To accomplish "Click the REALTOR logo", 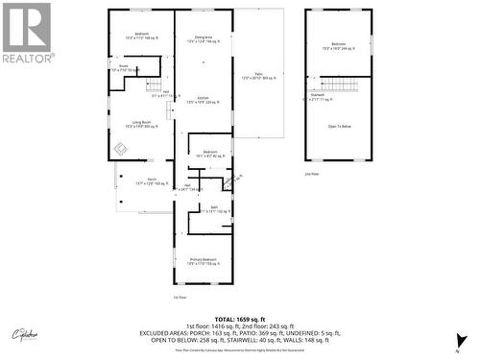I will click(x=26, y=33).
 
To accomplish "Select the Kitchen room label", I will click(x=204, y=100).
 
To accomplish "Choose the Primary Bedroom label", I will click(x=203, y=261).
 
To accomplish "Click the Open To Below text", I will click(x=338, y=126).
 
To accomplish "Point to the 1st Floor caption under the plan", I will click(x=179, y=298).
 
